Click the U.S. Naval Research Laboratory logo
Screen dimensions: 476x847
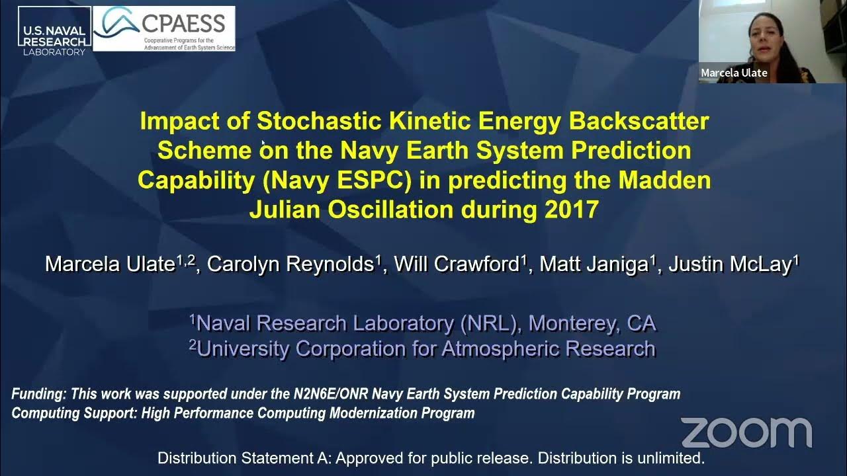(54, 32)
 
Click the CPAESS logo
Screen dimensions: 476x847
(163, 28)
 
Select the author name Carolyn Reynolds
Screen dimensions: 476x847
(290, 264)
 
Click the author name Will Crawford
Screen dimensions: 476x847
(456, 264)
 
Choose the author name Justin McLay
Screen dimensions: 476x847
(729, 264)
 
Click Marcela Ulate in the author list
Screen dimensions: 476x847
(110, 264)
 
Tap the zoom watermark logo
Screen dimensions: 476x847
(746, 432)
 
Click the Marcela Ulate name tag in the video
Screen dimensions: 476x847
(734, 73)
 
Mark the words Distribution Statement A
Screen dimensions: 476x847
(244, 458)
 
